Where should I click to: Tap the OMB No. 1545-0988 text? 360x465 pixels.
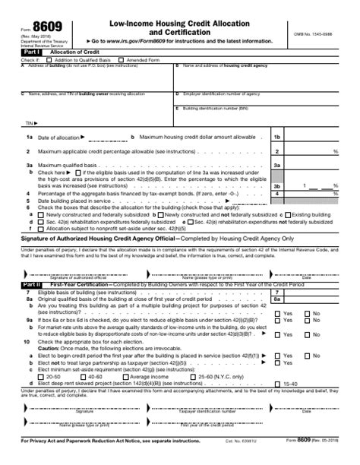tap(314, 34)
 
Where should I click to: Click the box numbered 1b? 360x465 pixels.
tap(277, 137)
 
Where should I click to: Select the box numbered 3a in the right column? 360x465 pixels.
tap(277, 165)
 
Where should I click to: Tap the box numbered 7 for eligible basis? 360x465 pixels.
tap(277, 293)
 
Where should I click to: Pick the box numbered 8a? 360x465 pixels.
tap(277, 299)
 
